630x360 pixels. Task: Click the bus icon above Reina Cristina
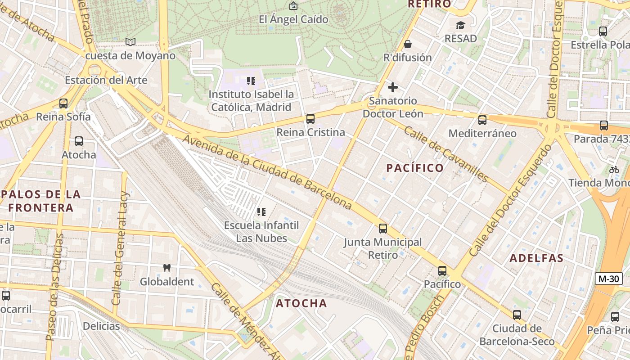coord(310,119)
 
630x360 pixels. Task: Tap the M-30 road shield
coord(609,279)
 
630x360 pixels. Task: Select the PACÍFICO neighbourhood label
coord(415,168)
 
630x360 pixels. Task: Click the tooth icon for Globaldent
coord(167,268)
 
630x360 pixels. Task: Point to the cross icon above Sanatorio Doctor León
coord(393,87)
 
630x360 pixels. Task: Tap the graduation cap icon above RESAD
coord(460,25)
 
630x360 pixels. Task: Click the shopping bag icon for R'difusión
coord(408,44)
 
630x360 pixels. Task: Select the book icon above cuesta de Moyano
coord(130,42)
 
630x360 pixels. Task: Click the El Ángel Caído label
coord(293,20)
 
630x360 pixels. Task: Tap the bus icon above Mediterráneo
coord(482,120)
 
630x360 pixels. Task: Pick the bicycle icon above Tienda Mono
coord(614,170)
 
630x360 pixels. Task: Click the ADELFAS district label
coord(536,258)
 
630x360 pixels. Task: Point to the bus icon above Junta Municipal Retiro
coord(383,229)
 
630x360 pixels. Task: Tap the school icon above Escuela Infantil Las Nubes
coord(261,211)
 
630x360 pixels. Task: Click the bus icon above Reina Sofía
coord(63,103)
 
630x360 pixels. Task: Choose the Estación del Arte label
coord(106,80)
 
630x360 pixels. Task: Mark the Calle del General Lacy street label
coord(120,248)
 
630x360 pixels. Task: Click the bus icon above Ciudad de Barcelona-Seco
coord(517,315)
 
